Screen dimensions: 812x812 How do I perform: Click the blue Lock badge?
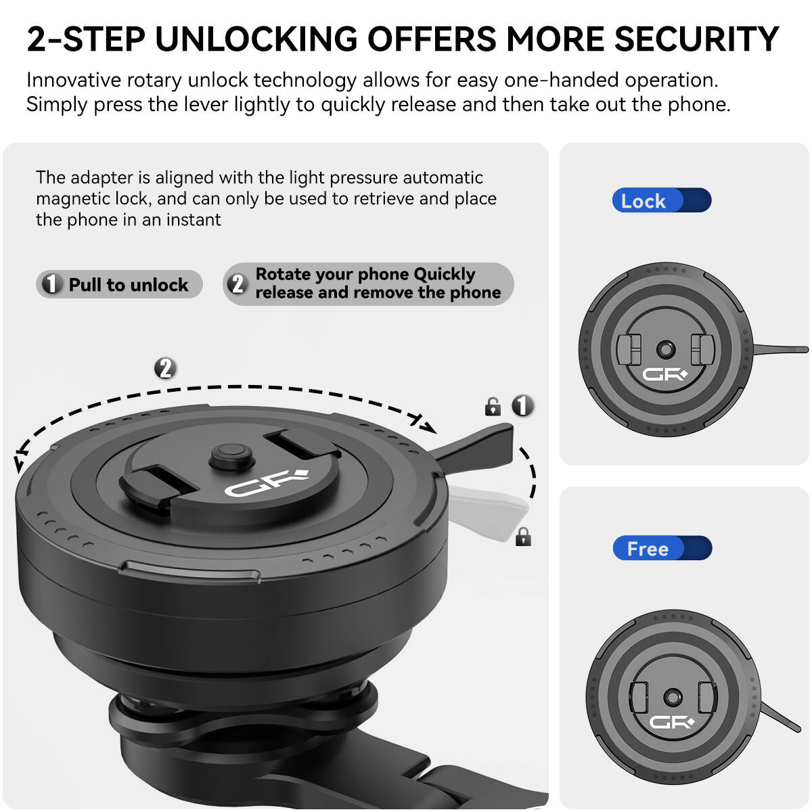662,200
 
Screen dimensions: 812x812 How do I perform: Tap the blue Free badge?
662,548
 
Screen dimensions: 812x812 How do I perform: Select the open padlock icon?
493,407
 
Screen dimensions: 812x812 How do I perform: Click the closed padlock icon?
523,537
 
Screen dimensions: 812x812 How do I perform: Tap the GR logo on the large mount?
267,483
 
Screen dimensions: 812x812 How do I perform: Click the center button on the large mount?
231,455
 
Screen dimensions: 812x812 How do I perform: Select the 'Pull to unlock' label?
119,284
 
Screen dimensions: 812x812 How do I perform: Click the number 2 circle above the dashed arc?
165,368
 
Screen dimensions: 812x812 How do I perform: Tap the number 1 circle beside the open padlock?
522,405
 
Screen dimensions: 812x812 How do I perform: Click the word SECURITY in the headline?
696,39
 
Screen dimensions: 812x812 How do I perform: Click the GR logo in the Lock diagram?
664,374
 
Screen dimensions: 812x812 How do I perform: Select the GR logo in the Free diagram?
671,722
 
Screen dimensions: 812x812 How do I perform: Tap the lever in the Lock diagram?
780,349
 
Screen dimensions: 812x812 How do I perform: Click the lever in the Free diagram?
780,717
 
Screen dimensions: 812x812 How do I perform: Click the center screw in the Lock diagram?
666,349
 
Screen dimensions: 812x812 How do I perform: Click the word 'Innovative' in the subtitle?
74,80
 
